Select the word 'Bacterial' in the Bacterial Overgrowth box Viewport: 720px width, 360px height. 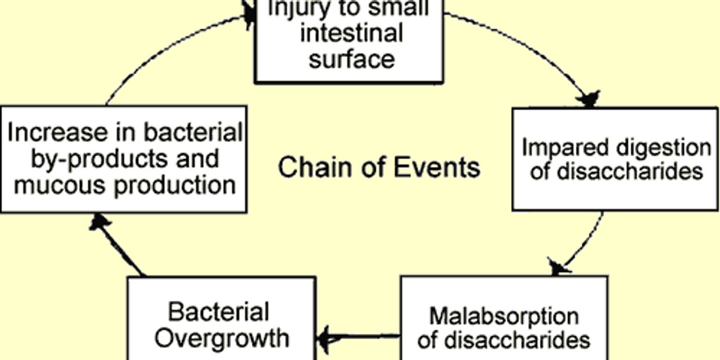[x=218, y=312]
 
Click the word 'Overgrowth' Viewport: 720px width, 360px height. [x=222, y=338]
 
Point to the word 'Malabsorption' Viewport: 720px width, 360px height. [x=503, y=316]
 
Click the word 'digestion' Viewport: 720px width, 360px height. [x=663, y=148]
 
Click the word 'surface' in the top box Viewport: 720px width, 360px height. [x=351, y=59]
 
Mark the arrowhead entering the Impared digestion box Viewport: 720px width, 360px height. [x=589, y=99]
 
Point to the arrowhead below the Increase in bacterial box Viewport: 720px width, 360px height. [x=100, y=223]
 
